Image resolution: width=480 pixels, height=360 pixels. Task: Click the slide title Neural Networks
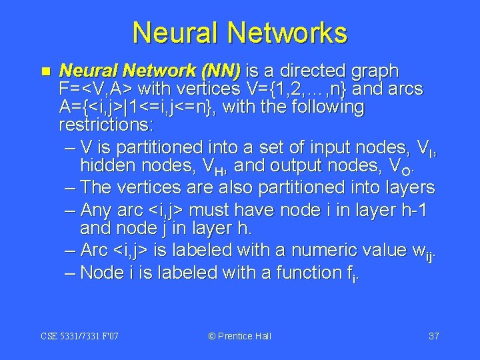(x=240, y=33)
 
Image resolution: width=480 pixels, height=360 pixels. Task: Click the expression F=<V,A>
(x=93, y=89)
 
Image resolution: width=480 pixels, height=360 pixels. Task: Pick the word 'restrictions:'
(x=105, y=125)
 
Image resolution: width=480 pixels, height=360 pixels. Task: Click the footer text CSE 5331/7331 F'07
(x=80, y=336)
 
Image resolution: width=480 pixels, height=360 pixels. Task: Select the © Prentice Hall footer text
(x=240, y=336)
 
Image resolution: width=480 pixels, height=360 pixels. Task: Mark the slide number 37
(x=433, y=336)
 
